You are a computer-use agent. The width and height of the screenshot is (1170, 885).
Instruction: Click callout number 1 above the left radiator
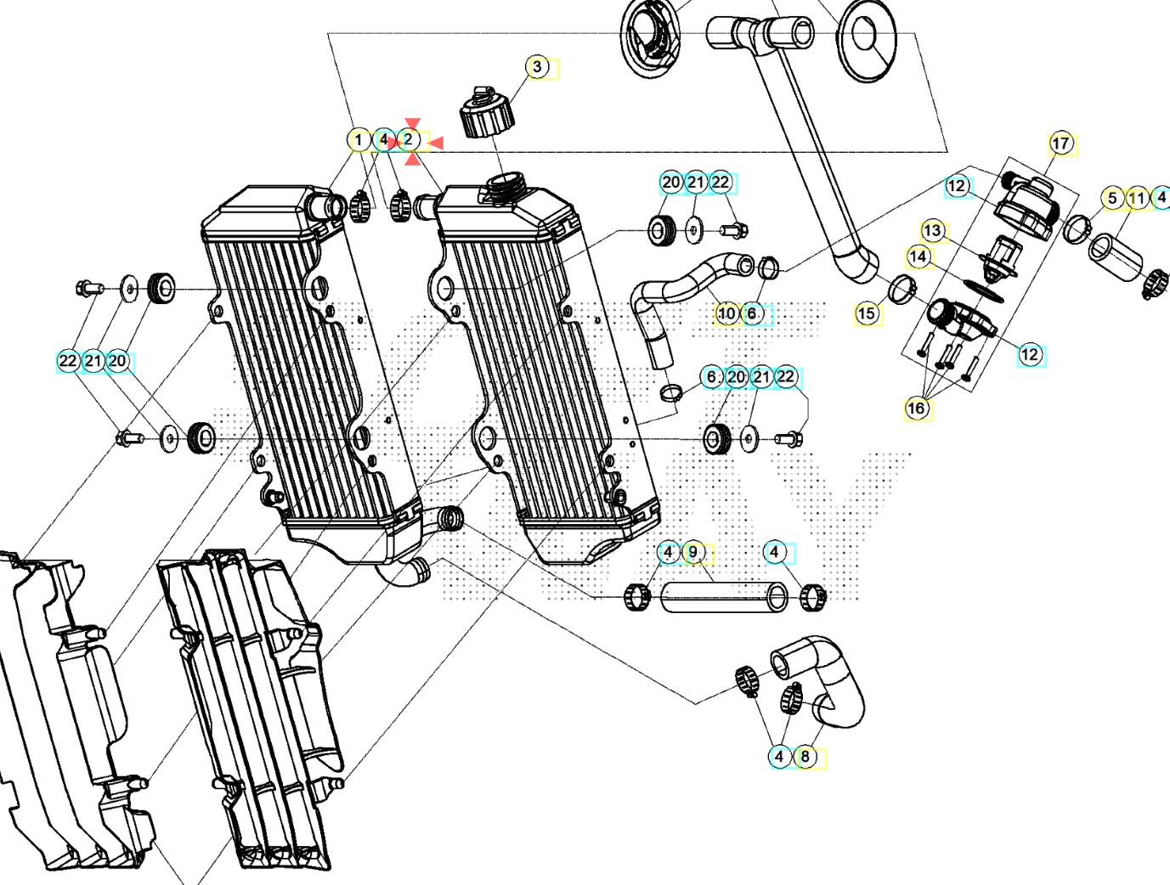point(359,139)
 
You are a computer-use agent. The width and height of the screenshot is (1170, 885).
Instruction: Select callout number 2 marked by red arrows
point(409,139)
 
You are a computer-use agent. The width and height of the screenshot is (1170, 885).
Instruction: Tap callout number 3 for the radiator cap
point(536,66)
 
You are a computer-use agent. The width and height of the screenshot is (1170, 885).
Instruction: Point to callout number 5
point(1112,199)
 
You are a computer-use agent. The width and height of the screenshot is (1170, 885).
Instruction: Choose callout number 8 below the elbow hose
point(805,755)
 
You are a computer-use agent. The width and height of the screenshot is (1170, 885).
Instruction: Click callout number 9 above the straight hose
point(693,552)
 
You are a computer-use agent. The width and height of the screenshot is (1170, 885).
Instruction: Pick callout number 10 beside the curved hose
point(726,313)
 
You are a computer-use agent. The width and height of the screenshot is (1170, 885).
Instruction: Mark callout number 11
point(1137,199)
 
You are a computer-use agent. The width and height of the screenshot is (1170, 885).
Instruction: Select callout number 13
point(932,230)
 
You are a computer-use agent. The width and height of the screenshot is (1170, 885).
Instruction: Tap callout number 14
point(918,256)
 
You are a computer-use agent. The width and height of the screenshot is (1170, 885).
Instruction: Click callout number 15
point(866,313)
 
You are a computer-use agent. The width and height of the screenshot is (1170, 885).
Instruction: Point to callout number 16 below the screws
point(916,409)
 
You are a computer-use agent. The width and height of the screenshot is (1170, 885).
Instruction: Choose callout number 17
point(1061,144)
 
